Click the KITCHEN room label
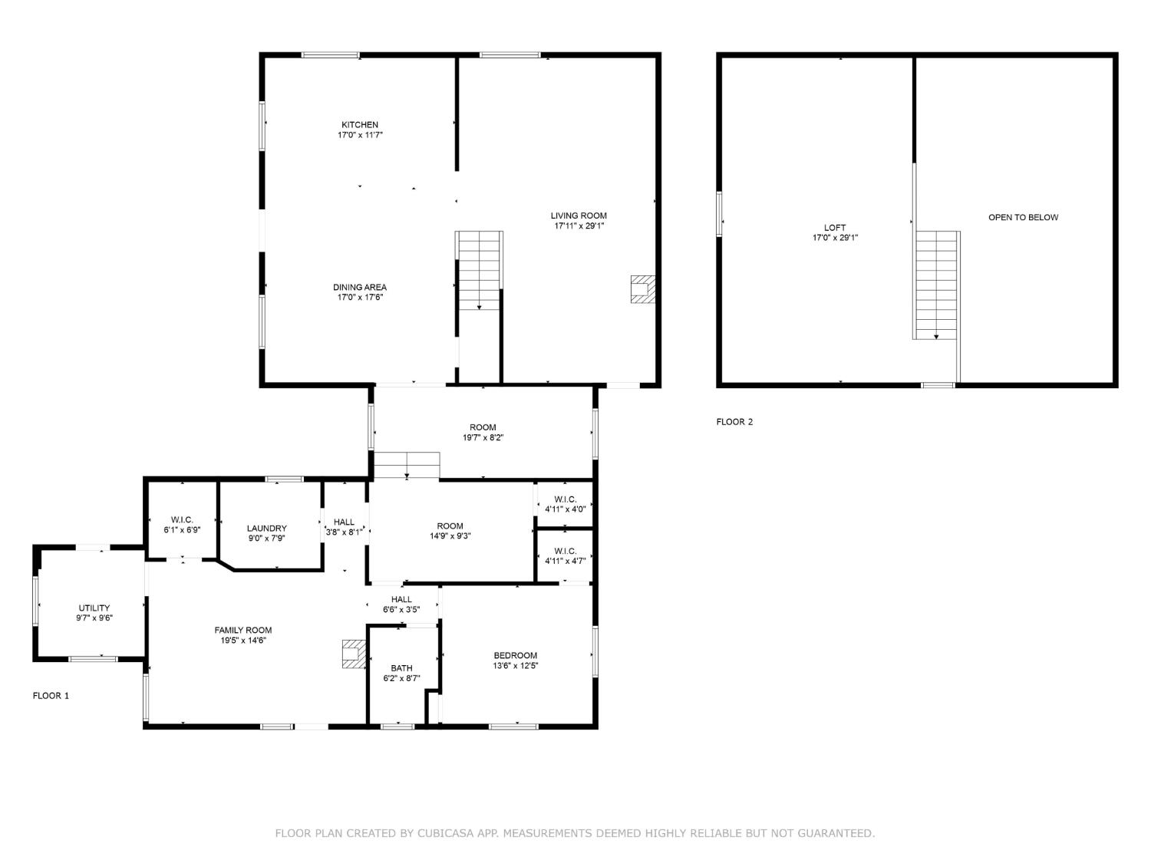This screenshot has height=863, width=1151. pyautogui.click(x=360, y=125)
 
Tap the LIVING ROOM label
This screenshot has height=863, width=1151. pyautogui.click(x=579, y=216)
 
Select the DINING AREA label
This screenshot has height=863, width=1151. pyautogui.click(x=360, y=288)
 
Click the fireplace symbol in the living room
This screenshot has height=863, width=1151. pyautogui.click(x=643, y=290)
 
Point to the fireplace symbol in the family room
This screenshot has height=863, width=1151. pyautogui.click(x=354, y=654)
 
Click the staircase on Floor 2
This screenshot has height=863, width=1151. pyautogui.click(x=937, y=285)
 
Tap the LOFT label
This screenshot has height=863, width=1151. pyautogui.click(x=835, y=228)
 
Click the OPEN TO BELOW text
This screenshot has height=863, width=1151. pyautogui.click(x=1023, y=218)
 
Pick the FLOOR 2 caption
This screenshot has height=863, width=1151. pyautogui.click(x=734, y=422)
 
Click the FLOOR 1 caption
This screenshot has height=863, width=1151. pyautogui.click(x=51, y=696)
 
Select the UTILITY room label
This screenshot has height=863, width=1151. pyautogui.click(x=94, y=608)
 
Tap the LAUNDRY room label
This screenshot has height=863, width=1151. pyautogui.click(x=267, y=529)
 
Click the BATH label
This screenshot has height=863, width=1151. pyautogui.click(x=401, y=668)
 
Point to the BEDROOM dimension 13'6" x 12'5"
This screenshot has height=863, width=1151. pyautogui.click(x=516, y=666)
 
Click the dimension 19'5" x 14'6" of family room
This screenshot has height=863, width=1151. pyautogui.click(x=243, y=641)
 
